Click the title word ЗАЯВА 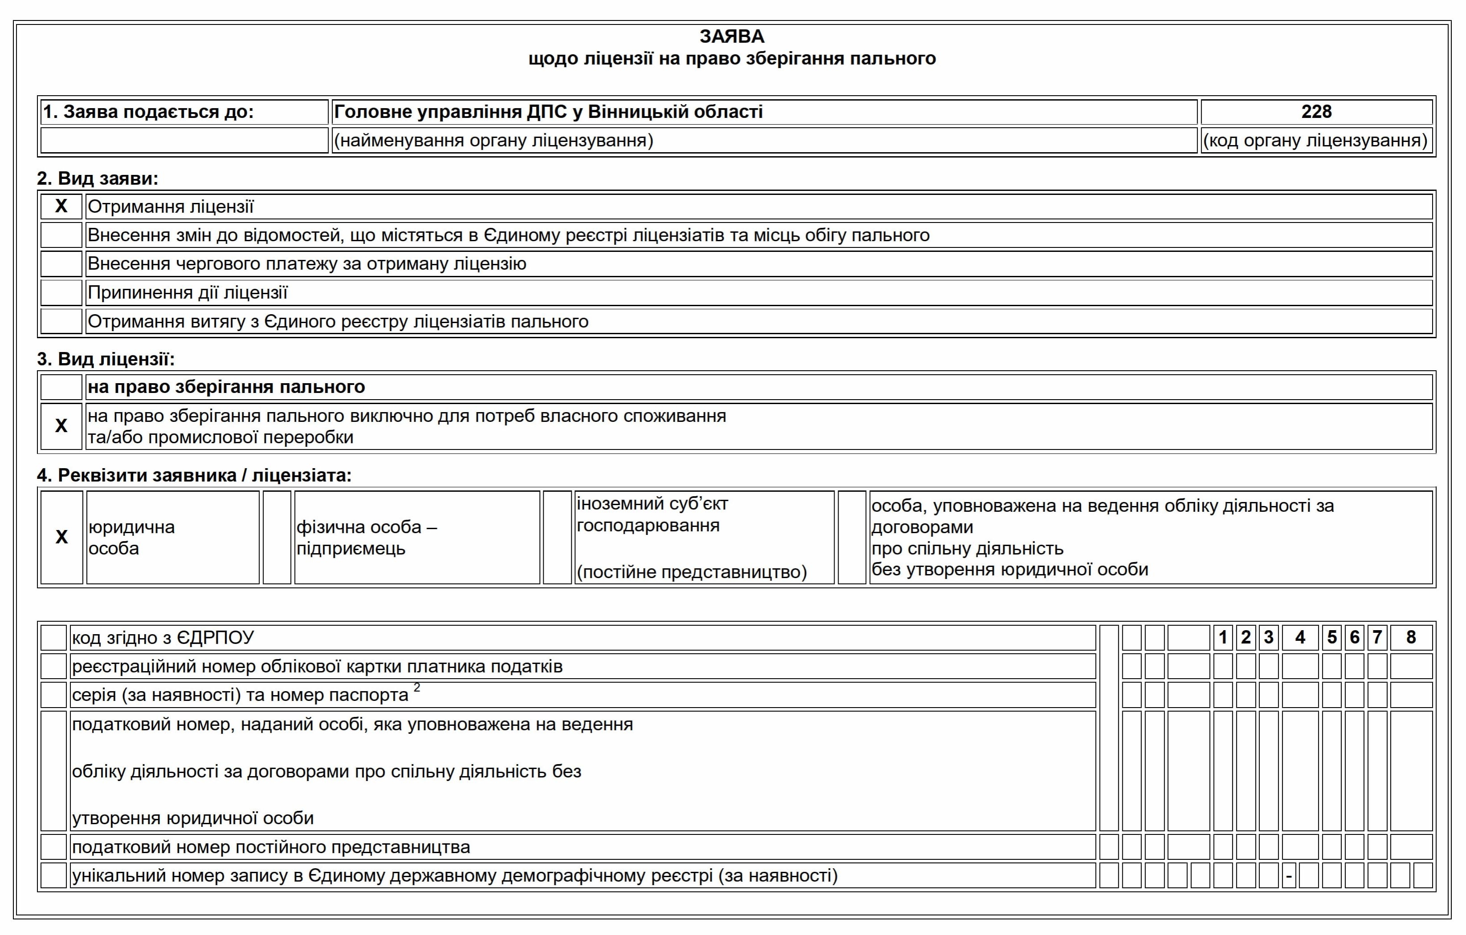click(732, 36)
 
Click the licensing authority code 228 click(1316, 112)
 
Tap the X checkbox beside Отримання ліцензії click(61, 206)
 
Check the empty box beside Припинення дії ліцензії click(61, 293)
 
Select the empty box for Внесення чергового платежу click(61, 264)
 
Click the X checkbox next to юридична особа click(61, 537)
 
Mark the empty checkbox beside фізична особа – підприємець click(277, 537)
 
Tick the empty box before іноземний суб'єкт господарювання click(557, 537)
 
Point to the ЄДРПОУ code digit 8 click(1411, 638)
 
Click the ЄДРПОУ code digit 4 click(1300, 638)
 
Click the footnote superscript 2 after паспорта click(417, 688)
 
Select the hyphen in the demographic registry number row click(1289, 877)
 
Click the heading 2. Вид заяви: click(98, 178)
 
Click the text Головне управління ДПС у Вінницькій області click(548, 112)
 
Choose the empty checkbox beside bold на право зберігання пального click(61, 387)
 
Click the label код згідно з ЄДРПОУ click(163, 638)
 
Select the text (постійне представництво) click(692, 572)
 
